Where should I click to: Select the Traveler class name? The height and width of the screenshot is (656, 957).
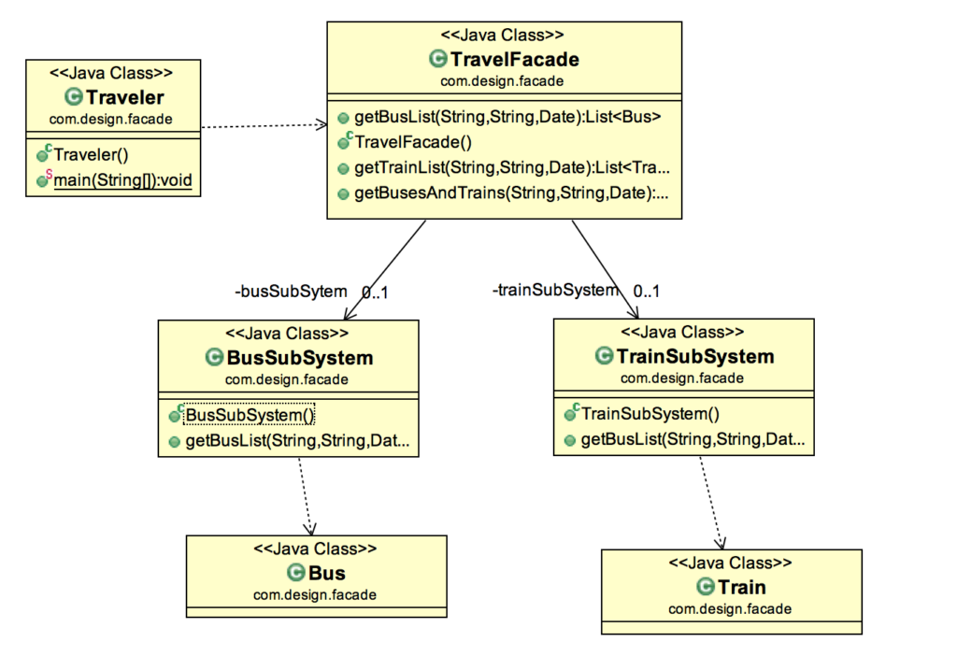click(x=124, y=97)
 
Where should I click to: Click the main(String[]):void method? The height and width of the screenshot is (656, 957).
click(x=122, y=180)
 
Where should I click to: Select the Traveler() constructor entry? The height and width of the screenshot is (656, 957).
click(x=91, y=155)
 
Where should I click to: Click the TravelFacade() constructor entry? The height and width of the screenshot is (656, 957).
click(x=413, y=143)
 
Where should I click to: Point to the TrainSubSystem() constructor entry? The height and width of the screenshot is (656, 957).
click(x=651, y=414)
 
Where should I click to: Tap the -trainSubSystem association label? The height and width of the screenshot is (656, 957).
click(x=555, y=291)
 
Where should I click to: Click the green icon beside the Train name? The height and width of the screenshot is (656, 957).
click(x=706, y=587)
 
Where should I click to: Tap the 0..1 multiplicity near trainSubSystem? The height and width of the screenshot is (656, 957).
click(x=646, y=292)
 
